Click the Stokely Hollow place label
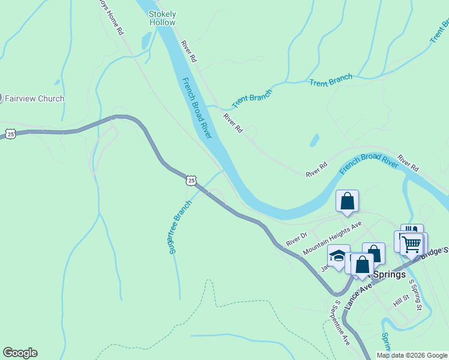[x=162, y=18]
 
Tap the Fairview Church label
[x=34, y=98]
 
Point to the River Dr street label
[x=297, y=238]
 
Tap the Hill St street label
[x=401, y=301]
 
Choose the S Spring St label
[x=415, y=294]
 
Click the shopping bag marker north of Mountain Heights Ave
[x=348, y=201]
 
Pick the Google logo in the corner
[x=20, y=353]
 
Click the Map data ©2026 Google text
[x=412, y=355]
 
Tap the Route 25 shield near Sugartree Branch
[x=191, y=180]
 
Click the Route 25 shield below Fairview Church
[x=11, y=134]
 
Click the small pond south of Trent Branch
[x=315, y=140]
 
